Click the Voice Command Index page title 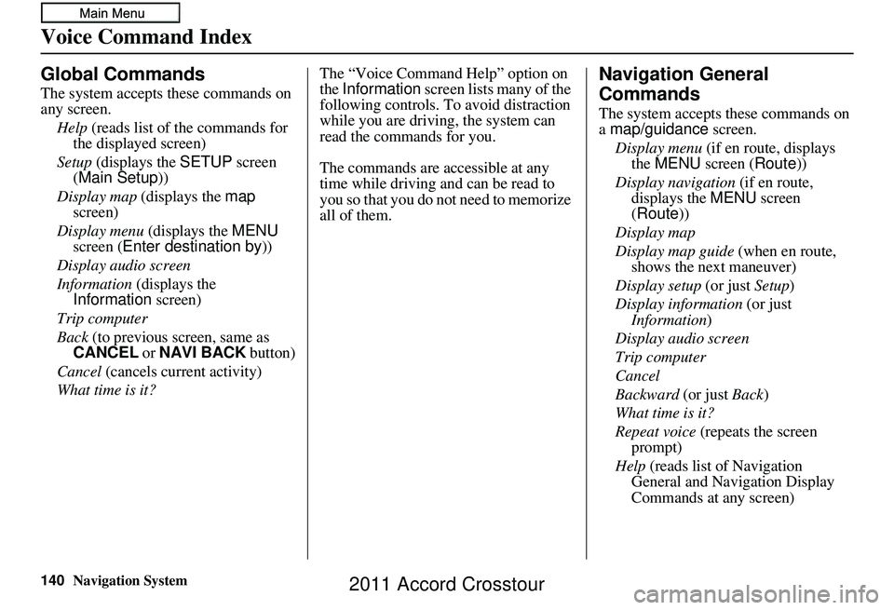[x=146, y=37]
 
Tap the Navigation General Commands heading [x=684, y=84]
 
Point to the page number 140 [x=51, y=580]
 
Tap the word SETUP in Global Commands [x=206, y=162]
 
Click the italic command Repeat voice [x=656, y=432]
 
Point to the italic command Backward [x=647, y=395]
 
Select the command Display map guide [x=675, y=251]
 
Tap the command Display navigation [x=675, y=183]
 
